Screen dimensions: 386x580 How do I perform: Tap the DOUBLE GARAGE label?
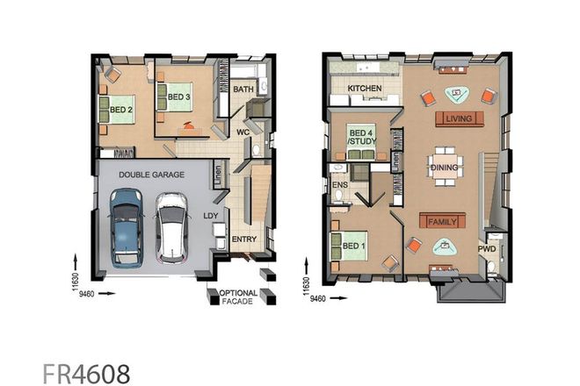click(x=152, y=175)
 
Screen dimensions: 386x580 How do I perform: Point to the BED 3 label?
click(x=179, y=96)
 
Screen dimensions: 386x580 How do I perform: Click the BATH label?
click(x=243, y=89)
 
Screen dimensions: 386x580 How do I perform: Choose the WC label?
click(x=243, y=132)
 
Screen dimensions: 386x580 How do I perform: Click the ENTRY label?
click(x=243, y=239)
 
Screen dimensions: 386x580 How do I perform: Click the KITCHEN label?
click(x=364, y=89)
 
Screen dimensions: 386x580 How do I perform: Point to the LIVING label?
click(x=458, y=118)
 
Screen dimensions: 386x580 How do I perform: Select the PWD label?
click(x=488, y=248)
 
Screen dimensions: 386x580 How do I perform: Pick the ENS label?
click(x=338, y=186)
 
